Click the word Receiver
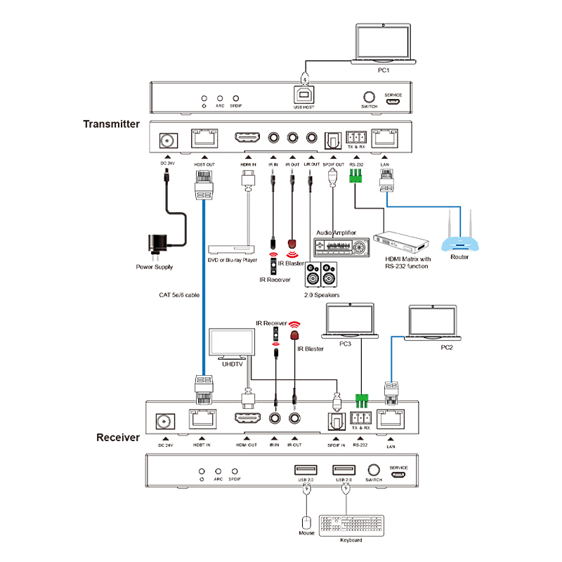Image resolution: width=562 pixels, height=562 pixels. [x=118, y=438]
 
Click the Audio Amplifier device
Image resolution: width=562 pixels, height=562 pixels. [x=341, y=247]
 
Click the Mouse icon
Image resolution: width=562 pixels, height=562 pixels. [x=306, y=523]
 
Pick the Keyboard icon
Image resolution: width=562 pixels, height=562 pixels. [x=352, y=525]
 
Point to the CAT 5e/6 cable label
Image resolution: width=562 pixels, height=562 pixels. [x=180, y=296]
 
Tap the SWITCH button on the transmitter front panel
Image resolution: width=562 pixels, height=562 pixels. [x=369, y=97]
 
